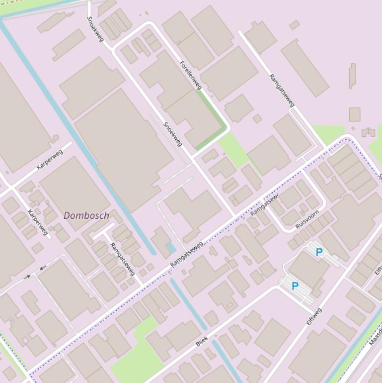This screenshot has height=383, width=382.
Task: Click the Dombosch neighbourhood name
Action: (x=86, y=215)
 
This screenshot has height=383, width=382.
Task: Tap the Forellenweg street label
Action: (x=191, y=75)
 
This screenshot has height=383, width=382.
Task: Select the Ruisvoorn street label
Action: (x=307, y=219)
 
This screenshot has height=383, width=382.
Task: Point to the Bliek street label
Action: (x=202, y=341)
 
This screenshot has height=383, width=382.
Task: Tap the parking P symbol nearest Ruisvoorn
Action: (x=319, y=252)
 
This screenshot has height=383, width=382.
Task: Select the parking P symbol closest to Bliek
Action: (x=295, y=286)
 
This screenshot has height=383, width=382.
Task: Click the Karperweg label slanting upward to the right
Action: (x=50, y=159)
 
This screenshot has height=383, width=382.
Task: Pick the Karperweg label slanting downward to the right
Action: (x=38, y=222)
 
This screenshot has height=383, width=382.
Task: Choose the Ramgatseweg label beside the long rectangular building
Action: (x=282, y=91)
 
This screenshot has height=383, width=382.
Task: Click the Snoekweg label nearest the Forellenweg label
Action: (x=173, y=134)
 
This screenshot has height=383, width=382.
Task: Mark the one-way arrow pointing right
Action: (x=27, y=276)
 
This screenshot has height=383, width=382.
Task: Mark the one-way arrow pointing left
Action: (x=42, y=268)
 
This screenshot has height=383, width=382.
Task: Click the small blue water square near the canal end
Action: (x=171, y=247)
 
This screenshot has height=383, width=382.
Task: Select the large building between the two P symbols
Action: (x=308, y=269)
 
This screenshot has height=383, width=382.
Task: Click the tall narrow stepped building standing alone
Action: (x=352, y=76)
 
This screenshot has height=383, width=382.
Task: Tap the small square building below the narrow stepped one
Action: (x=354, y=114)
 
